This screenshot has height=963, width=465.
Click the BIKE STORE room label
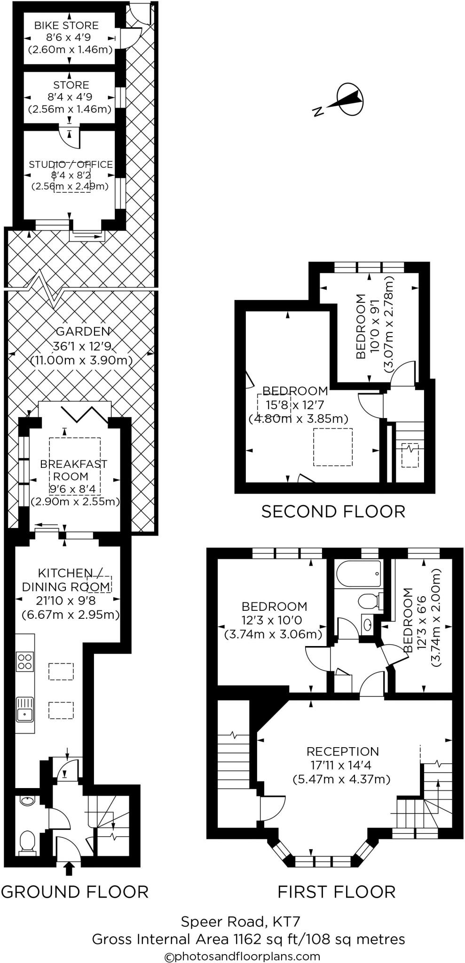pos(66,25)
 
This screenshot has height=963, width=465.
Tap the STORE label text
pos(71,85)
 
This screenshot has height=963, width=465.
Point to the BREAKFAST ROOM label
pos(73,470)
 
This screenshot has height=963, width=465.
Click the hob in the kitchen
pos(25,661)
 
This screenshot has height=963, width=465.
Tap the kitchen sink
pos(24,709)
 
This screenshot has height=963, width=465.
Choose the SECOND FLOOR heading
pos(333,511)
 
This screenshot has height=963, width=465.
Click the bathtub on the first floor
pos(358,573)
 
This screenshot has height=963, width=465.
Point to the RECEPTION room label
pos(342,751)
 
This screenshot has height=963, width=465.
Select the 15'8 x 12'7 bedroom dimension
pos(295,404)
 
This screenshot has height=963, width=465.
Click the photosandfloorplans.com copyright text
pos(242,956)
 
